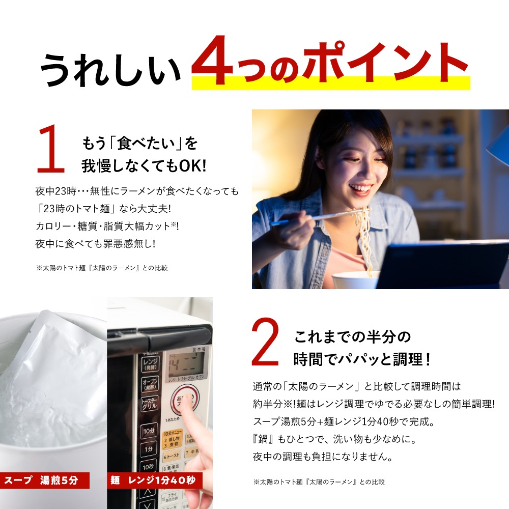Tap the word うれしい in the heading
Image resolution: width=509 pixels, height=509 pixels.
pyautogui.click(x=110, y=69)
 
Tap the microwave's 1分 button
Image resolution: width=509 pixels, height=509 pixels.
pyautogui.click(x=148, y=449)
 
